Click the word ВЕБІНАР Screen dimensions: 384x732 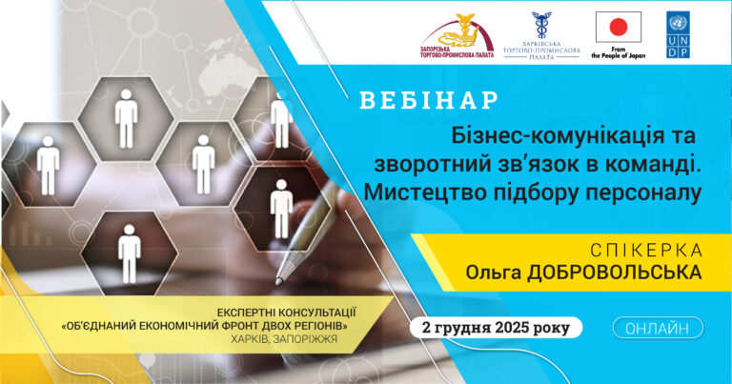[429, 100]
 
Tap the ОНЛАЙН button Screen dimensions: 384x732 [658, 329]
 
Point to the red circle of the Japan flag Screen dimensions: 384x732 [618, 26]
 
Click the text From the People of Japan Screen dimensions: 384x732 [618, 51]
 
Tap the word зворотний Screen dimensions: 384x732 [432, 161]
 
